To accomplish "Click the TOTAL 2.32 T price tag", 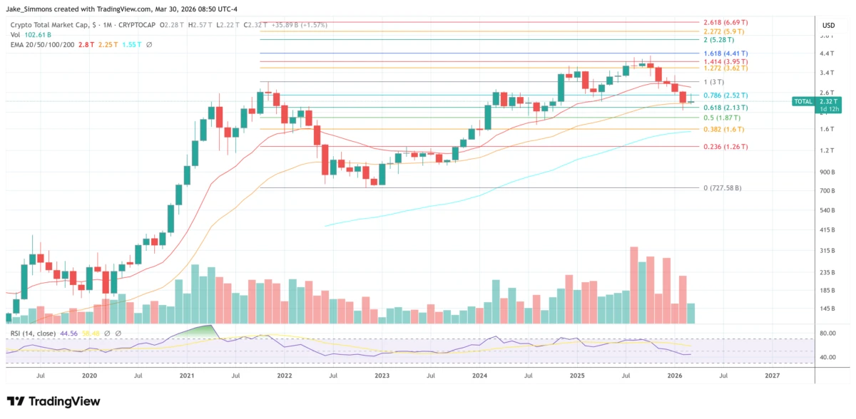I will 812,102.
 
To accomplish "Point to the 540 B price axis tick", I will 828,210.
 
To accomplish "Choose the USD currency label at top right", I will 828,25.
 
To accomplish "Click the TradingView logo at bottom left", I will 53,401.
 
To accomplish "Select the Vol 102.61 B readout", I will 31,34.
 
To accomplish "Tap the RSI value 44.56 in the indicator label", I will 68,333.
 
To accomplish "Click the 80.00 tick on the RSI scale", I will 828,333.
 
